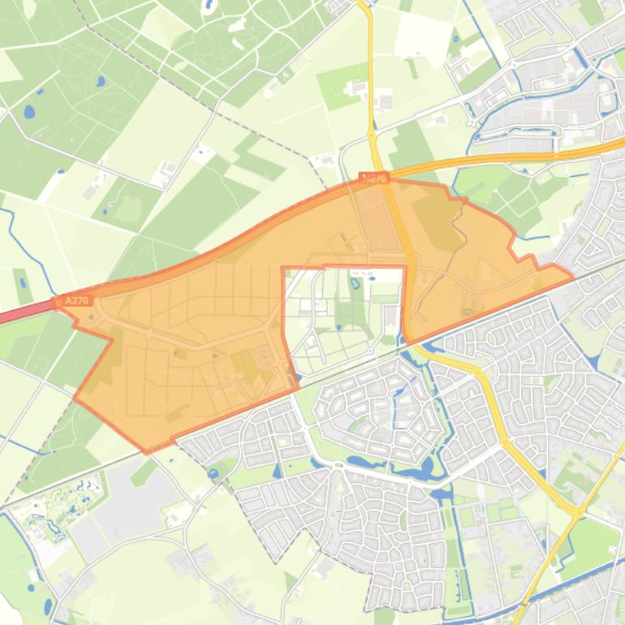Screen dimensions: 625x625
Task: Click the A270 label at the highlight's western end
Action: pos(75,300)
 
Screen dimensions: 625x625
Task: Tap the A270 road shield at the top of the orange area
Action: pos(374,177)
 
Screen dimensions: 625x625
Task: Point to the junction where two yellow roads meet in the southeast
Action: pos(579,513)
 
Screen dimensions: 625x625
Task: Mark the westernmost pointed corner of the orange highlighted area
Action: pos(75,399)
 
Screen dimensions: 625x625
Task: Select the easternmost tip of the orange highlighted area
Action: pos(573,277)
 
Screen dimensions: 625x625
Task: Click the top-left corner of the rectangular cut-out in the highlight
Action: pos(282,268)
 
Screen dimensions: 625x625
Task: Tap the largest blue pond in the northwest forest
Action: pos(29,111)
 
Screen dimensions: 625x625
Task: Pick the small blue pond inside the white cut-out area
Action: pos(355,283)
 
